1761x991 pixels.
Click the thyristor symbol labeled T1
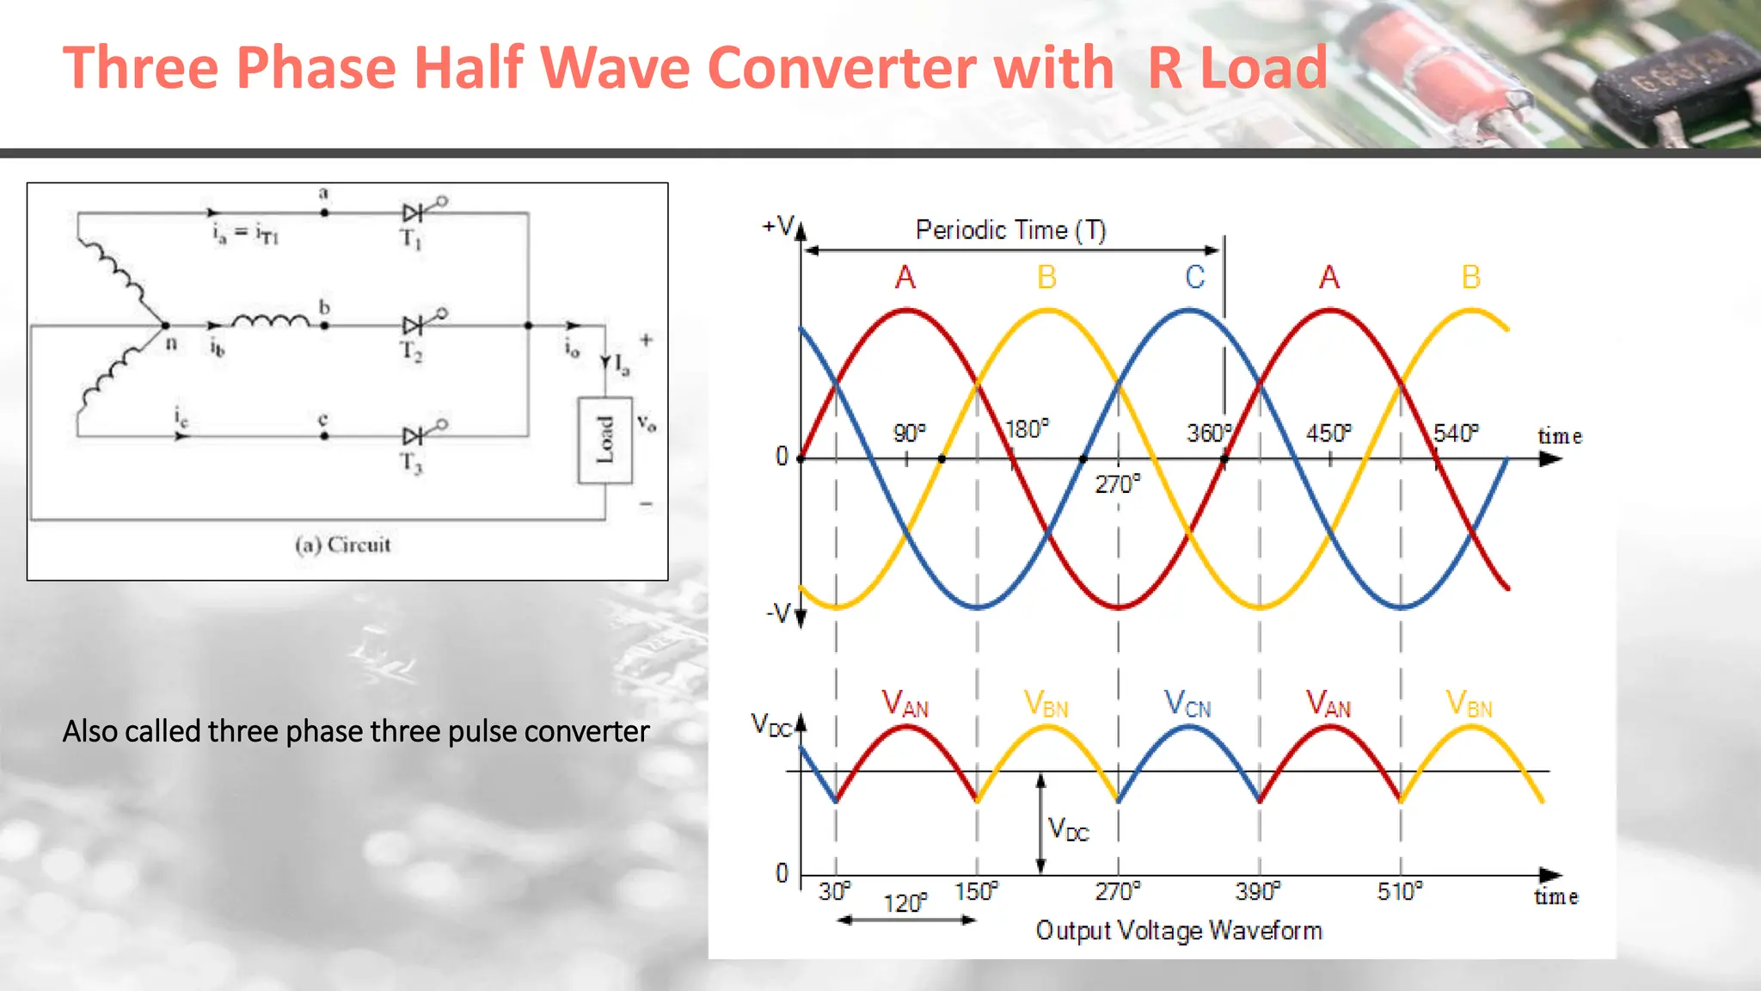(x=414, y=212)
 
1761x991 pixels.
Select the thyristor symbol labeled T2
(x=414, y=325)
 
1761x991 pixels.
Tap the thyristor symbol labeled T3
(x=414, y=435)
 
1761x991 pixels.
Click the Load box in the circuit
(x=605, y=440)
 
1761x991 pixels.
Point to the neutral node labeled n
(x=165, y=326)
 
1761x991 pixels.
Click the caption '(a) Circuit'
(x=342, y=545)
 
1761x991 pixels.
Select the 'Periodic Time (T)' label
(x=1010, y=231)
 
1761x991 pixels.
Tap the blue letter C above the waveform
(x=1194, y=277)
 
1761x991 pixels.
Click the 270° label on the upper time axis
(x=1117, y=484)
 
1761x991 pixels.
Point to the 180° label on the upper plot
(x=1028, y=428)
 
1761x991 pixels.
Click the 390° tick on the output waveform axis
(x=1257, y=891)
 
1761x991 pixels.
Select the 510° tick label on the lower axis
(x=1399, y=891)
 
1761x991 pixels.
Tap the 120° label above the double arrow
(x=905, y=903)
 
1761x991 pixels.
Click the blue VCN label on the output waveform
(x=1187, y=705)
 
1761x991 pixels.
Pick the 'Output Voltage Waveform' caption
(x=1179, y=931)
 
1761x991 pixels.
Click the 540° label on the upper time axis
(x=1456, y=433)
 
